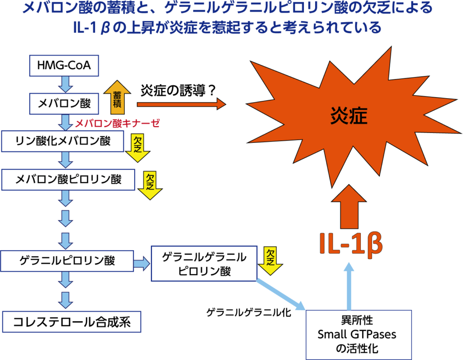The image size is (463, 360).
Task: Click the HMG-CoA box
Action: point(64,66)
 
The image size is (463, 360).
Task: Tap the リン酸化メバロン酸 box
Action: point(63,141)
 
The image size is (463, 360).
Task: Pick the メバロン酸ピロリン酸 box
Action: point(68,179)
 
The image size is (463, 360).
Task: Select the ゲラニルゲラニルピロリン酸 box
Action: point(205,264)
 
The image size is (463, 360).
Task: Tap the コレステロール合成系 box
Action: point(70,322)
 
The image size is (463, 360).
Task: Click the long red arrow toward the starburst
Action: point(181,104)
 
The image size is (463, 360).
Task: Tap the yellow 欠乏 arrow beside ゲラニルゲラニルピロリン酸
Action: point(270,261)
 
